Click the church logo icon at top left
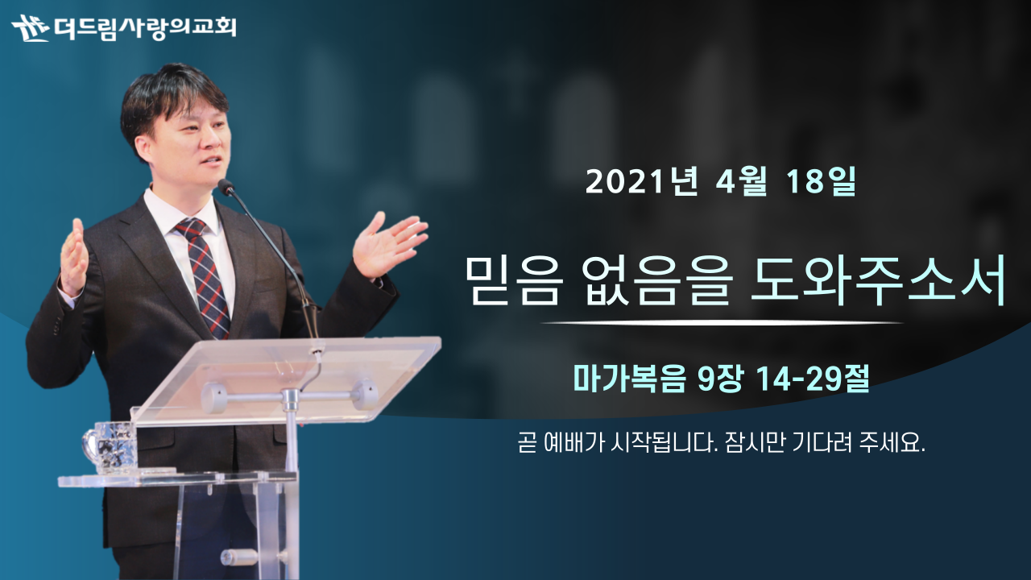31,28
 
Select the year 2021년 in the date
642,181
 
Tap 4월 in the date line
742,181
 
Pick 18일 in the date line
821,181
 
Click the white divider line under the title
722,323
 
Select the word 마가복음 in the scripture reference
629,379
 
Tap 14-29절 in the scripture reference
813,379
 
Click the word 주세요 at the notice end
892,443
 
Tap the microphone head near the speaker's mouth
226,186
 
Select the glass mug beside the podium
110,447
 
